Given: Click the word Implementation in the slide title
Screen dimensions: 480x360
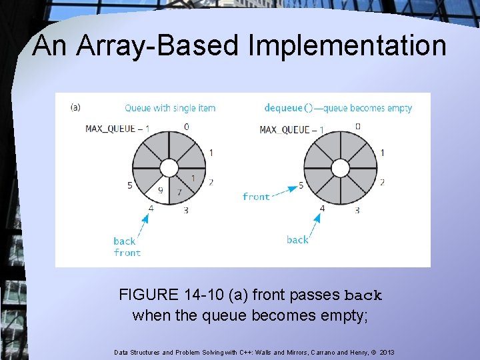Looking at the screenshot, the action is coord(347,45).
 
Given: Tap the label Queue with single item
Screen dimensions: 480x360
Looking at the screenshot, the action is coord(170,107).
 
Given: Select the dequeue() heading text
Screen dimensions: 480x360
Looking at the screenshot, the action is coord(338,107).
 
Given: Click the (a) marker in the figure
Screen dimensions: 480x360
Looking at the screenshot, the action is coord(75,107).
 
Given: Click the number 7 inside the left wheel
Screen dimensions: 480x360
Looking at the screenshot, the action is coord(179,191).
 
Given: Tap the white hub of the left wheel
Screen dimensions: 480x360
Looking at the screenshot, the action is coord(169,167).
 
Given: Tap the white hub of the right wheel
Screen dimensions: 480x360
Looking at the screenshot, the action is coord(340,167).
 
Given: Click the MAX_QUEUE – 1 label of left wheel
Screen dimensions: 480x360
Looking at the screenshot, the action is coord(117,129).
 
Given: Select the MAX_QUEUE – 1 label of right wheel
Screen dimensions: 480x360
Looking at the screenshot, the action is coord(291,129).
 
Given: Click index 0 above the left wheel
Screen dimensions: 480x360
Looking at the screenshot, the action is coord(186,126).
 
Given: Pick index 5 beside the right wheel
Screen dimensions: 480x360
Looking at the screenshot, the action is coord(301,185).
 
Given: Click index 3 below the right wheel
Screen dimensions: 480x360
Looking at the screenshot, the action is coord(357,210).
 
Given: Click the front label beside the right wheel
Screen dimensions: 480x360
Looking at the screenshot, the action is coord(256,197).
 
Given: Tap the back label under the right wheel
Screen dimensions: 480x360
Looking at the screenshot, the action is coord(297,239).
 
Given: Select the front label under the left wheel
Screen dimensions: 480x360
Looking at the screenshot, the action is coord(127,253).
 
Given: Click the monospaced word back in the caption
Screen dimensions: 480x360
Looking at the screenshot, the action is coord(363,295).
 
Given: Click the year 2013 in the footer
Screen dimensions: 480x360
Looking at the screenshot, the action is coord(386,351).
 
